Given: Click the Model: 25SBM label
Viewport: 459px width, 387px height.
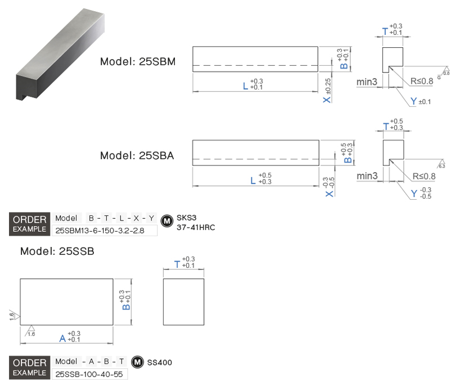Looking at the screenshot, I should click(x=138, y=62).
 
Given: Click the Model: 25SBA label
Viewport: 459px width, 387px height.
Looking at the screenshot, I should click(x=137, y=156).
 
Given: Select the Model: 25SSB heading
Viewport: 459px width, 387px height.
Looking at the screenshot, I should click(x=57, y=251).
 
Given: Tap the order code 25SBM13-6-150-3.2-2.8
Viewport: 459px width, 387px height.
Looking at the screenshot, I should click(x=104, y=230).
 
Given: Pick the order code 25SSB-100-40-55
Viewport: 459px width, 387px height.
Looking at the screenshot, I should click(x=89, y=374).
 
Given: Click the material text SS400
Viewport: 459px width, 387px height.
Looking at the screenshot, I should click(x=159, y=363).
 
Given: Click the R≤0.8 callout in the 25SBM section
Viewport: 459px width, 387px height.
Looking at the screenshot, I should click(x=422, y=82).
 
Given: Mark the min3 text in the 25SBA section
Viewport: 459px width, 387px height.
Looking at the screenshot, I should click(x=367, y=176).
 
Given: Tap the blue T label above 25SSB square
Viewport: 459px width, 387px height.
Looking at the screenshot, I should click(x=178, y=263).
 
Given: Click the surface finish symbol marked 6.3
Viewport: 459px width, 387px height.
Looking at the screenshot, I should click(x=442, y=164).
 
